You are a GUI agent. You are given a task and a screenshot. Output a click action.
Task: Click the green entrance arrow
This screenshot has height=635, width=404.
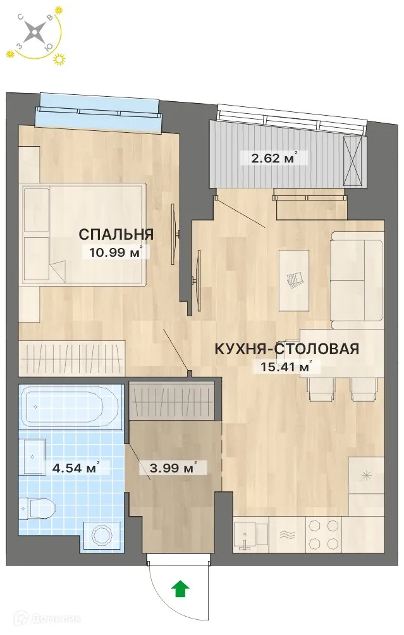[x=181, y=589]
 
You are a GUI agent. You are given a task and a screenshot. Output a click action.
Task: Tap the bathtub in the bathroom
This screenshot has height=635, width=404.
[x=68, y=407]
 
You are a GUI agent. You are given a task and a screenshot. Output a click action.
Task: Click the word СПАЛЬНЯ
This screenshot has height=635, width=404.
[x=116, y=235]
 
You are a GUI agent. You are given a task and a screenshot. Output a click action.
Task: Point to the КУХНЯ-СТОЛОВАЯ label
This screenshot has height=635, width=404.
[x=287, y=348]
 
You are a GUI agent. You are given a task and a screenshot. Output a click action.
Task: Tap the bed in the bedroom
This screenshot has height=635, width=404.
[x=82, y=234]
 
